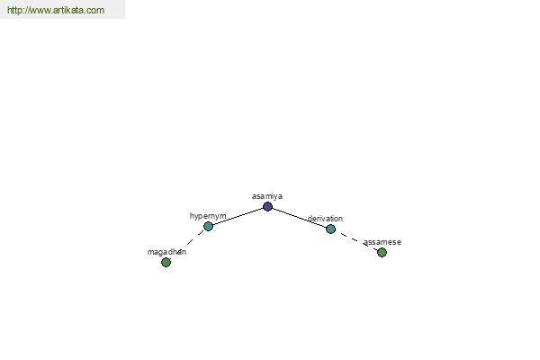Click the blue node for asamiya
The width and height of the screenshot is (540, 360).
click(x=267, y=207)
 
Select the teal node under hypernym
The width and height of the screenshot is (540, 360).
click(x=209, y=226)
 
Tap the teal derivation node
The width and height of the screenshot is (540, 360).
click(x=330, y=229)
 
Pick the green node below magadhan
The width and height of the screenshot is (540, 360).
click(x=166, y=263)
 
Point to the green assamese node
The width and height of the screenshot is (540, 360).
click(x=382, y=253)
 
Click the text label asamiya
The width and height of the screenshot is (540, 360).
click(x=267, y=196)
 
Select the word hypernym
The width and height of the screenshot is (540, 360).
click(x=208, y=216)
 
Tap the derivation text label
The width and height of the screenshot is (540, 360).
click(x=325, y=219)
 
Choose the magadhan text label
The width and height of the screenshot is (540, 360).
click(x=166, y=252)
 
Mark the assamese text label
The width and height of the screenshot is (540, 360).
click(x=382, y=242)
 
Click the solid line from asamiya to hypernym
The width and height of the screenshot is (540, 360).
click(x=238, y=216)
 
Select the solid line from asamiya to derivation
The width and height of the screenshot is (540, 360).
click(x=300, y=218)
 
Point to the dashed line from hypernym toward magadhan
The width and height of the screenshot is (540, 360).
click(x=187, y=245)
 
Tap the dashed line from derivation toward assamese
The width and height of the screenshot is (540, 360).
click(x=356, y=240)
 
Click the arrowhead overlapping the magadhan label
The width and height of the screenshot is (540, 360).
click(x=178, y=252)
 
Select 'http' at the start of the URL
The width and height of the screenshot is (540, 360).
click(x=13, y=10)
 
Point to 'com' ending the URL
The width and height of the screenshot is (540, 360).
click(x=97, y=11)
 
